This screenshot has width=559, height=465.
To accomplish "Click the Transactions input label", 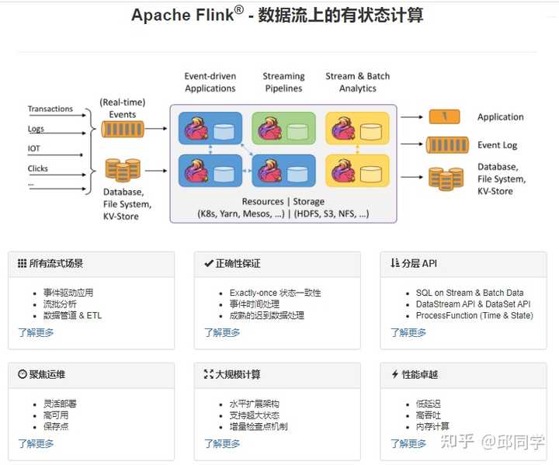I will [50, 109].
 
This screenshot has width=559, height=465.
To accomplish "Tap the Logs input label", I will [36, 129].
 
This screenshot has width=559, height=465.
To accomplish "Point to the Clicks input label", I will [38, 168].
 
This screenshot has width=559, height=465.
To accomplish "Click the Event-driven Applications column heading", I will [210, 82].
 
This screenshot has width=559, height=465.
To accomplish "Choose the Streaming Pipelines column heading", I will [283, 82].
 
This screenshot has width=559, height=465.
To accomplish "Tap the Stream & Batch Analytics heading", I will [357, 82].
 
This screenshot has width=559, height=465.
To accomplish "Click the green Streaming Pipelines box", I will [283, 128].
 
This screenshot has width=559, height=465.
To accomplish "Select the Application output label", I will [500, 117].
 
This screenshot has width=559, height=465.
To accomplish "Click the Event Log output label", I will [497, 145].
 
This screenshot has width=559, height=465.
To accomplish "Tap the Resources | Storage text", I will [283, 202].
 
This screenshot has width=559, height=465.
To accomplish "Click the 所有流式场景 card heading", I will [56, 264].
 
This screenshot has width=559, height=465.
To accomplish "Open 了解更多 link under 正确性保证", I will [222, 333].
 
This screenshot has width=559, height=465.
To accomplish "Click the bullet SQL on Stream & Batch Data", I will [469, 293].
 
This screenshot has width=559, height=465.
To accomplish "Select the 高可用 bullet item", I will [55, 415].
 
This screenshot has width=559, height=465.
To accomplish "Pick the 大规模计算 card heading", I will [238, 374].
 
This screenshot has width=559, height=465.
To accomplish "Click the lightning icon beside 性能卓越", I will [394, 374].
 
